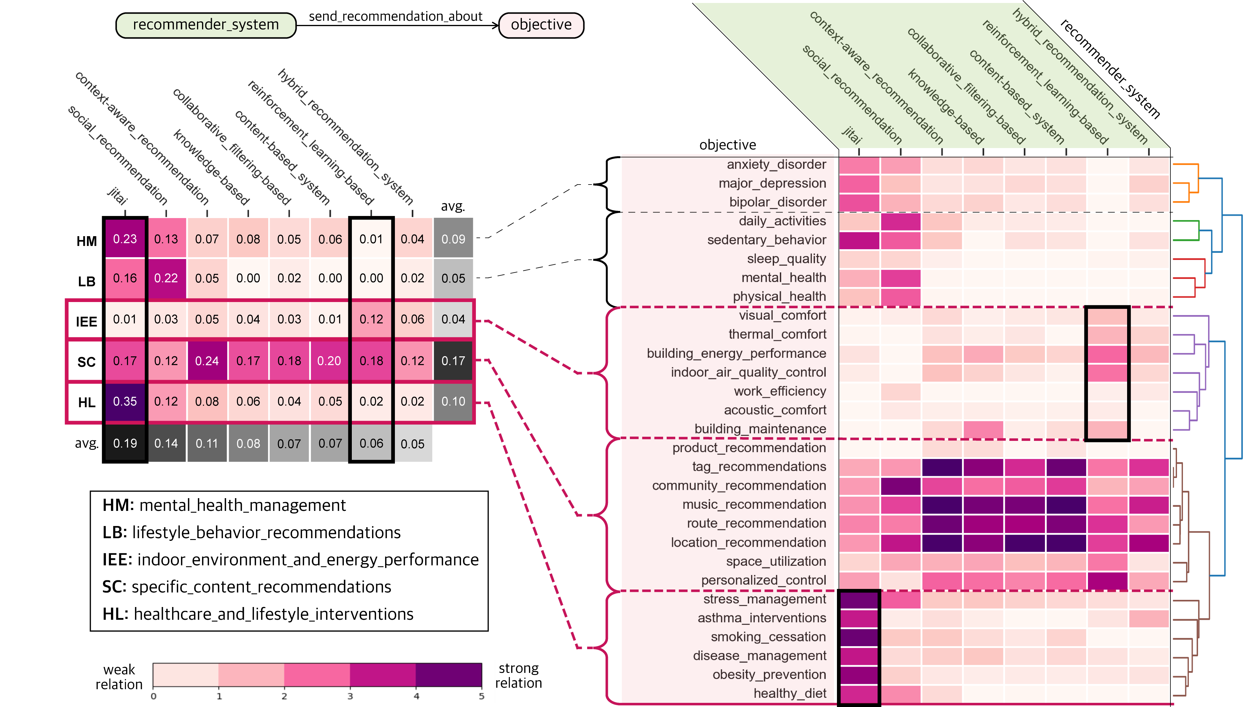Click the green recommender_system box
(x=206, y=25)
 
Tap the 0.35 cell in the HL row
(x=125, y=402)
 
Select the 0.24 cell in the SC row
(x=207, y=361)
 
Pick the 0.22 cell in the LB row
(x=166, y=278)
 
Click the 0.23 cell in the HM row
(x=125, y=239)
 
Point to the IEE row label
(x=86, y=321)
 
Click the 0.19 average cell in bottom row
(x=125, y=443)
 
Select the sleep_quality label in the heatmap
(x=786, y=259)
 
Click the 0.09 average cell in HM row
(x=453, y=239)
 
